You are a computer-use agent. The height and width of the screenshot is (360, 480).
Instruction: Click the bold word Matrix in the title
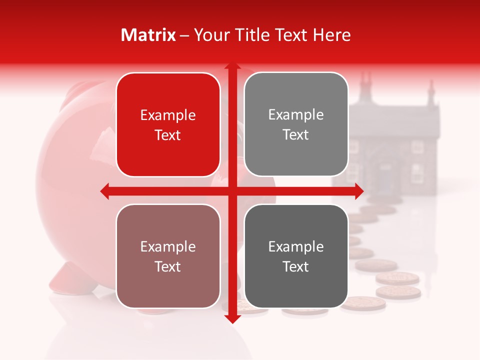point(148,35)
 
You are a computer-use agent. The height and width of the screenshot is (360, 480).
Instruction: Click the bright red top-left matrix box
point(168,125)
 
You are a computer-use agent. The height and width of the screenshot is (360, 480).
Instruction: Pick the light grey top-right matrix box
point(296,124)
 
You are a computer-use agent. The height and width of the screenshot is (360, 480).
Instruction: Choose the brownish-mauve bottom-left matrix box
point(168,256)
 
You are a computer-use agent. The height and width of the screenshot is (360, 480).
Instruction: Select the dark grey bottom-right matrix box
point(296,256)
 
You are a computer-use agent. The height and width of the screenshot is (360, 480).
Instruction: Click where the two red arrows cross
point(232,191)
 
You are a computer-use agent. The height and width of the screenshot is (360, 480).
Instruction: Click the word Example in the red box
point(168,115)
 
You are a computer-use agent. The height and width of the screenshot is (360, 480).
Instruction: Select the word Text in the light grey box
point(296,135)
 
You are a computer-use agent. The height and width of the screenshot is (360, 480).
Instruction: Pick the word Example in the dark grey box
point(296,246)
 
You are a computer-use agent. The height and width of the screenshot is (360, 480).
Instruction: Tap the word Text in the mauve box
point(168,267)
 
